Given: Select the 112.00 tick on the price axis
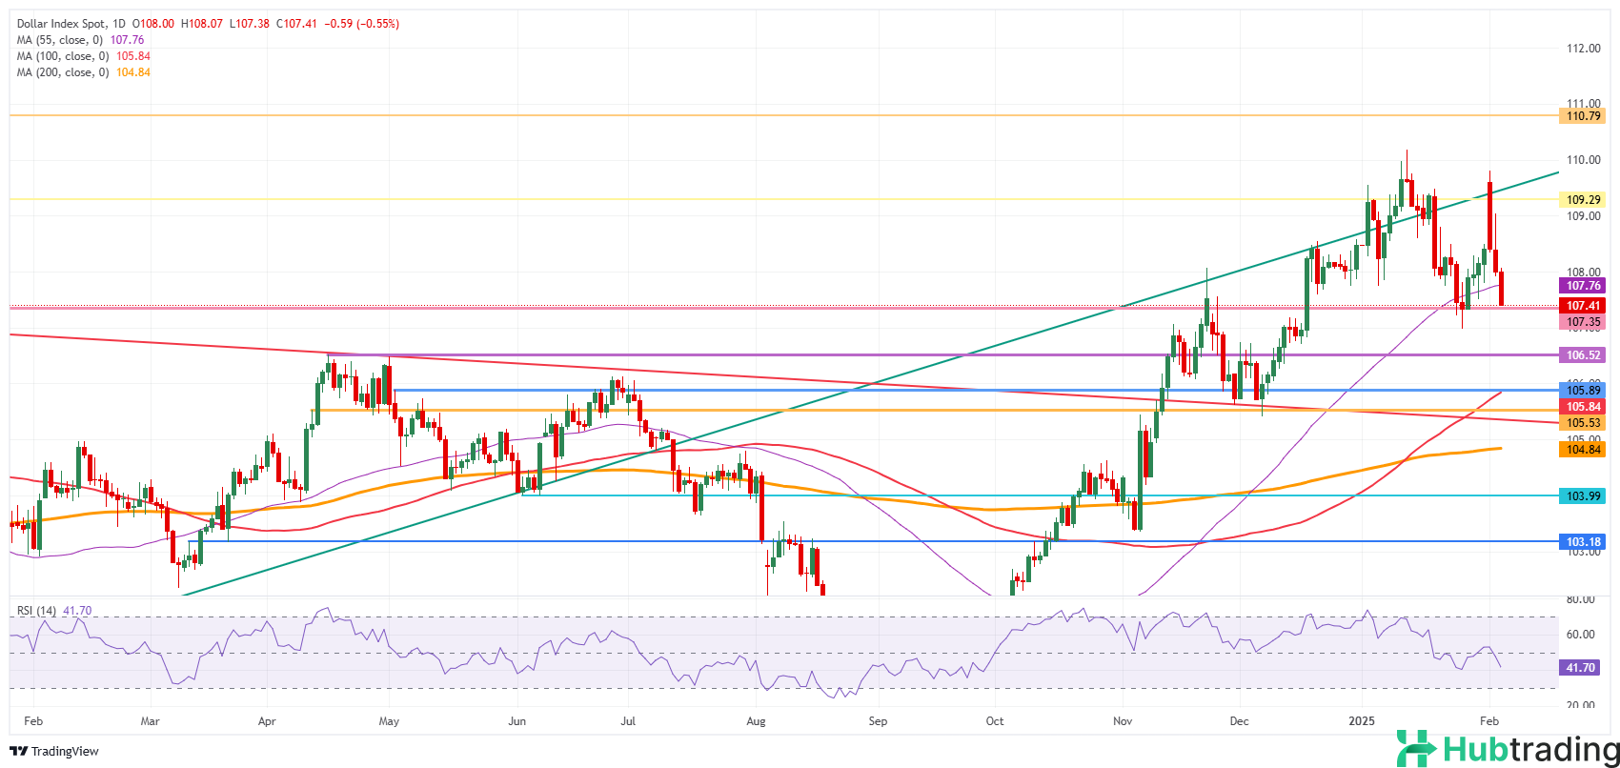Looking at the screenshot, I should click(1583, 49).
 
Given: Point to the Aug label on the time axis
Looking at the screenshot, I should click(757, 721).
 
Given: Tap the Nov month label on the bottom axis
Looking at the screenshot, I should click(1123, 721).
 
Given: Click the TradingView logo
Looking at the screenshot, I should click(54, 751).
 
